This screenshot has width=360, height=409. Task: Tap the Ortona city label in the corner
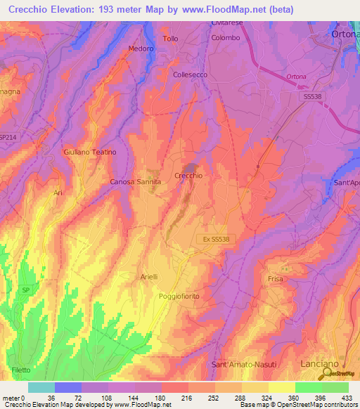coord(345,33)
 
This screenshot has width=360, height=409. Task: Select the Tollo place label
coord(171,39)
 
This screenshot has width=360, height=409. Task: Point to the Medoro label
coord(141,48)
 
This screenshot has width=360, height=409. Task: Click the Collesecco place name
coord(191,73)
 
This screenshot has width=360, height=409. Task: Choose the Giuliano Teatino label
coord(89,152)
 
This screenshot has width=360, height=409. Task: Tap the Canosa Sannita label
coord(136,181)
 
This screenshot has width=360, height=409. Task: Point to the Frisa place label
coord(275,279)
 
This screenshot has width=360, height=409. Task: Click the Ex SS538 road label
coord(213,239)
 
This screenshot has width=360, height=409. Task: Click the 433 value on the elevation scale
coord(347,398)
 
